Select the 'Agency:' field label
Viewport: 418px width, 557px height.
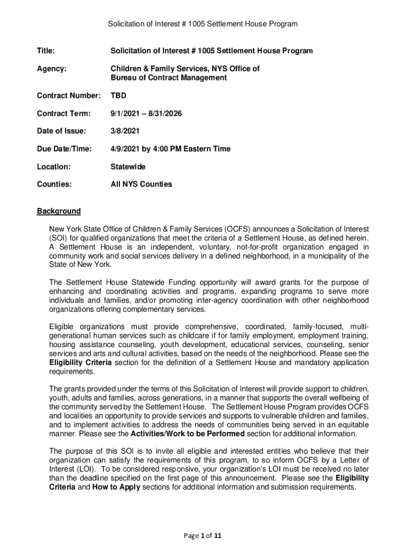tap(52, 69)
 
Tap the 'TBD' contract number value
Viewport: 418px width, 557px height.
tap(118, 95)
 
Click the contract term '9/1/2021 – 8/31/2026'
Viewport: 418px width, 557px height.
tap(146, 113)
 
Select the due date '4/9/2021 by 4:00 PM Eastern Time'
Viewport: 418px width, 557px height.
tap(170, 148)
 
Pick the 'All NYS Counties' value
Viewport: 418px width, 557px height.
tap(141, 184)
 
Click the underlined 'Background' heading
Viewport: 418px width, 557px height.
tap(59, 211)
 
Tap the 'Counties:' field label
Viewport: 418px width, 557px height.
tap(54, 184)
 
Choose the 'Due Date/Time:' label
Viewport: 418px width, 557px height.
tap(64, 148)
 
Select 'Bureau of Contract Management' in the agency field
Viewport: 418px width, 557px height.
tap(169, 78)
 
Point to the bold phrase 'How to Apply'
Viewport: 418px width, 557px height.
tap(116, 487)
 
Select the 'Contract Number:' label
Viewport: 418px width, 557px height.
tap(68, 95)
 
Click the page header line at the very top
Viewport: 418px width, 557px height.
tap(202, 24)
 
